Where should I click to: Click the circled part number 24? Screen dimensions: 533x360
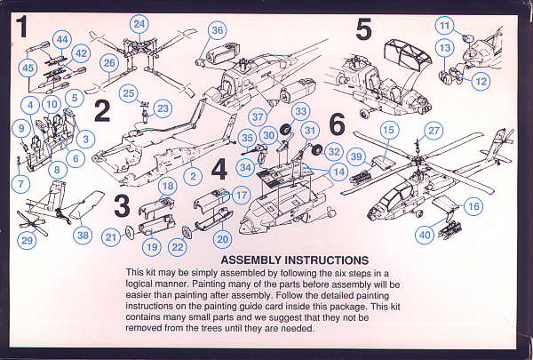click(x=139, y=25)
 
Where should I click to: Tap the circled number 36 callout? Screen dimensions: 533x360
click(x=218, y=30)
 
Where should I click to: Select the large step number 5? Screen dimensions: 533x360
click(x=363, y=29)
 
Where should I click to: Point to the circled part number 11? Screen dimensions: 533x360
click(x=445, y=25)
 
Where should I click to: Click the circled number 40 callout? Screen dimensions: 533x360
click(x=425, y=235)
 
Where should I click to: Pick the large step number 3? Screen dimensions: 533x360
click(x=122, y=206)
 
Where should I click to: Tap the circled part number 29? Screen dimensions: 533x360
click(x=27, y=240)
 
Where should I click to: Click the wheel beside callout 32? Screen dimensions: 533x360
click(x=317, y=149)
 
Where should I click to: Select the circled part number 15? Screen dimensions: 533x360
click(x=389, y=130)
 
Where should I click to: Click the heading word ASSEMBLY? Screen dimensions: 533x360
click(x=251, y=260)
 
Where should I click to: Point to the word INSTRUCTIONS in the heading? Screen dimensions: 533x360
click(x=326, y=260)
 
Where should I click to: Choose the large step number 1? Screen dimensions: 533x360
click(x=21, y=27)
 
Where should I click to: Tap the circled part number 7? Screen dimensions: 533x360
click(x=20, y=184)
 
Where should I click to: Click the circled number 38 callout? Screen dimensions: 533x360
click(x=83, y=235)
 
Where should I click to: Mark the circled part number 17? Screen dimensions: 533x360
click(x=241, y=195)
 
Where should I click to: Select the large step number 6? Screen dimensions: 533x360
click(x=338, y=124)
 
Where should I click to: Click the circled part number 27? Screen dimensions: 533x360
click(x=434, y=131)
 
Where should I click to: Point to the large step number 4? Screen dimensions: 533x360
click(x=219, y=170)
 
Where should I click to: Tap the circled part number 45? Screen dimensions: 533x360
click(x=28, y=68)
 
